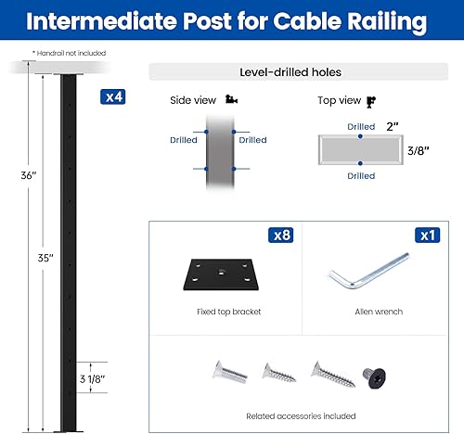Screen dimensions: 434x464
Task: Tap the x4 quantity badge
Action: tap(112, 96)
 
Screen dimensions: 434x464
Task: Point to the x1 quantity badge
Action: tap(427, 236)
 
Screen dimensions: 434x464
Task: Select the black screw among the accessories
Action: tap(374, 377)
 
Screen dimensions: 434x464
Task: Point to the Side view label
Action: tap(192, 99)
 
